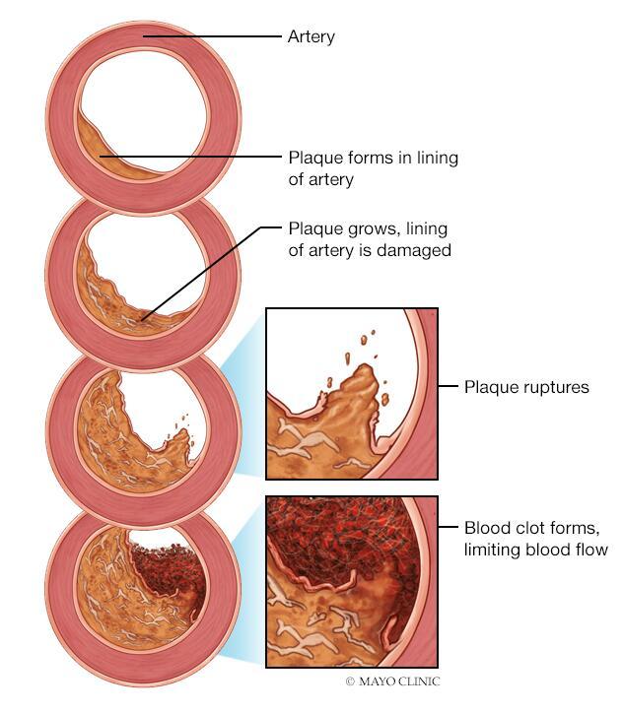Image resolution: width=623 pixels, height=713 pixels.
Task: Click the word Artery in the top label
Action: tap(311, 36)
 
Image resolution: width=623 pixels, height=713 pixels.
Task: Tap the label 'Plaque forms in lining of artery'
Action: tap(373, 168)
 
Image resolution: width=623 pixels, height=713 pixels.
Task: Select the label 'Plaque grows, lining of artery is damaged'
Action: tap(369, 239)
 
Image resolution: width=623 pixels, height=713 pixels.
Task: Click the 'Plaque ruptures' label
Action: tap(526, 387)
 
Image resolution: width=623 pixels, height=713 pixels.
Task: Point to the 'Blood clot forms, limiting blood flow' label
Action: tap(535, 538)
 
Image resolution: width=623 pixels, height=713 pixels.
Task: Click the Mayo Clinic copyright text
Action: tap(391, 681)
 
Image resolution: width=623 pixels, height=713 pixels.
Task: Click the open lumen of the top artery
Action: tap(148, 108)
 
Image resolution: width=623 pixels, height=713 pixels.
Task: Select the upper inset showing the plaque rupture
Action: tap(351, 393)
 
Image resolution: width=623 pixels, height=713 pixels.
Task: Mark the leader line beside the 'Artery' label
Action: tap(212, 36)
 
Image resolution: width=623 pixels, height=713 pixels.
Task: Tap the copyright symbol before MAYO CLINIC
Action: tap(349, 681)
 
